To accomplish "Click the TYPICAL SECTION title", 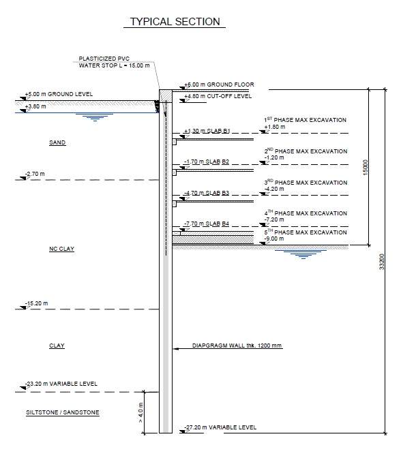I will click(175, 22).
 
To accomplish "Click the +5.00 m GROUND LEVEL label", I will click(58, 93).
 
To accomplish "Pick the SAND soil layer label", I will click(57, 143).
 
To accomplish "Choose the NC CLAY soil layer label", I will click(61, 249).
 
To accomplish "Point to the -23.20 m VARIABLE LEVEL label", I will click(61, 384).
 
